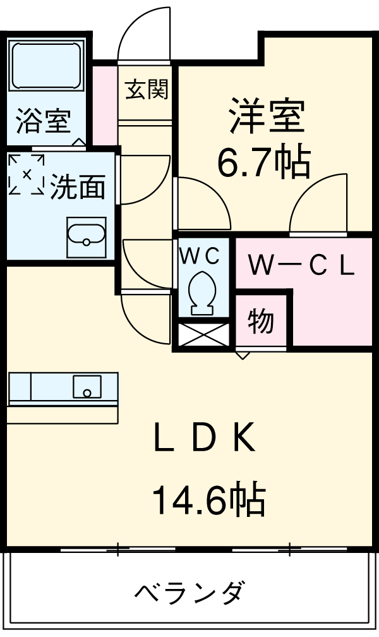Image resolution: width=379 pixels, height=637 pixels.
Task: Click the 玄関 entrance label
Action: (x=147, y=90)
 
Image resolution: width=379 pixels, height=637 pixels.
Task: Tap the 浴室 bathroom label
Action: (x=43, y=122)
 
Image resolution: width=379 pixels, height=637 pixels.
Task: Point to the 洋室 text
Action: (x=268, y=116)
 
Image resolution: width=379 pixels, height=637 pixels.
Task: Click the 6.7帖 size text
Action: (x=264, y=163)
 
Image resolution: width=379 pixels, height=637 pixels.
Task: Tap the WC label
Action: (x=200, y=255)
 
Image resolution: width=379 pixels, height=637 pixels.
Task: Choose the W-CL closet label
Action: (x=301, y=266)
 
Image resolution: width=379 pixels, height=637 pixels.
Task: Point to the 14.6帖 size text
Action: (x=208, y=499)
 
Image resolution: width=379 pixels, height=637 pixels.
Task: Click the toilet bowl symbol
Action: (x=202, y=291)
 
